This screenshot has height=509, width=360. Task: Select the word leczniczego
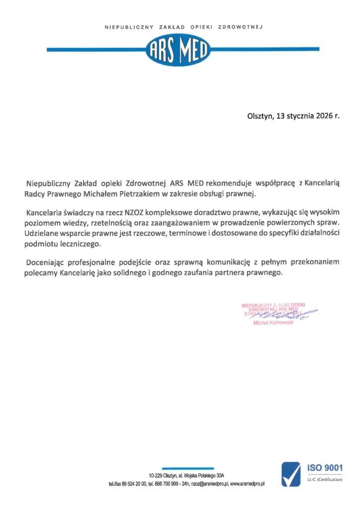(81, 244)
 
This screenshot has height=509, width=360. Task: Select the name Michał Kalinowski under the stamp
(273, 323)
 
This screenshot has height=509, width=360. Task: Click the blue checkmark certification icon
(291, 474)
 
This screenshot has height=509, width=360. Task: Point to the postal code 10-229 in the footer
(157, 476)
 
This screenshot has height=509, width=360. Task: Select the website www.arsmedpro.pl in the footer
(248, 483)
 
